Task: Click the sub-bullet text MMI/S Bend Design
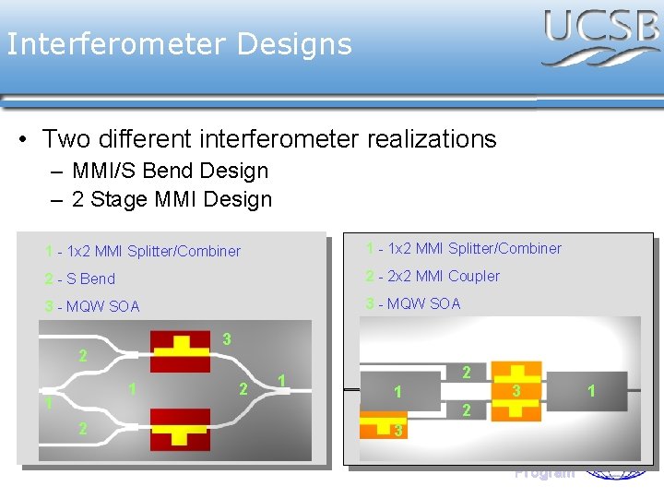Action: click(x=170, y=171)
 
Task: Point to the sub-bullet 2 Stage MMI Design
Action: click(x=172, y=199)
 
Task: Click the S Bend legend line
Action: click(x=80, y=279)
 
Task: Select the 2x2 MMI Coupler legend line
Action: click(x=433, y=276)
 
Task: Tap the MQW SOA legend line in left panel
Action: click(x=92, y=306)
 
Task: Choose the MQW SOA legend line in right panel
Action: click(x=413, y=303)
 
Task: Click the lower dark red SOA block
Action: click(x=180, y=429)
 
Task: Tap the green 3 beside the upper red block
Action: click(x=227, y=340)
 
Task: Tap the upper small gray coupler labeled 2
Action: click(x=467, y=373)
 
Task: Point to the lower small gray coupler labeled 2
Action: click(x=467, y=409)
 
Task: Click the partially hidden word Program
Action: click(x=544, y=473)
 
